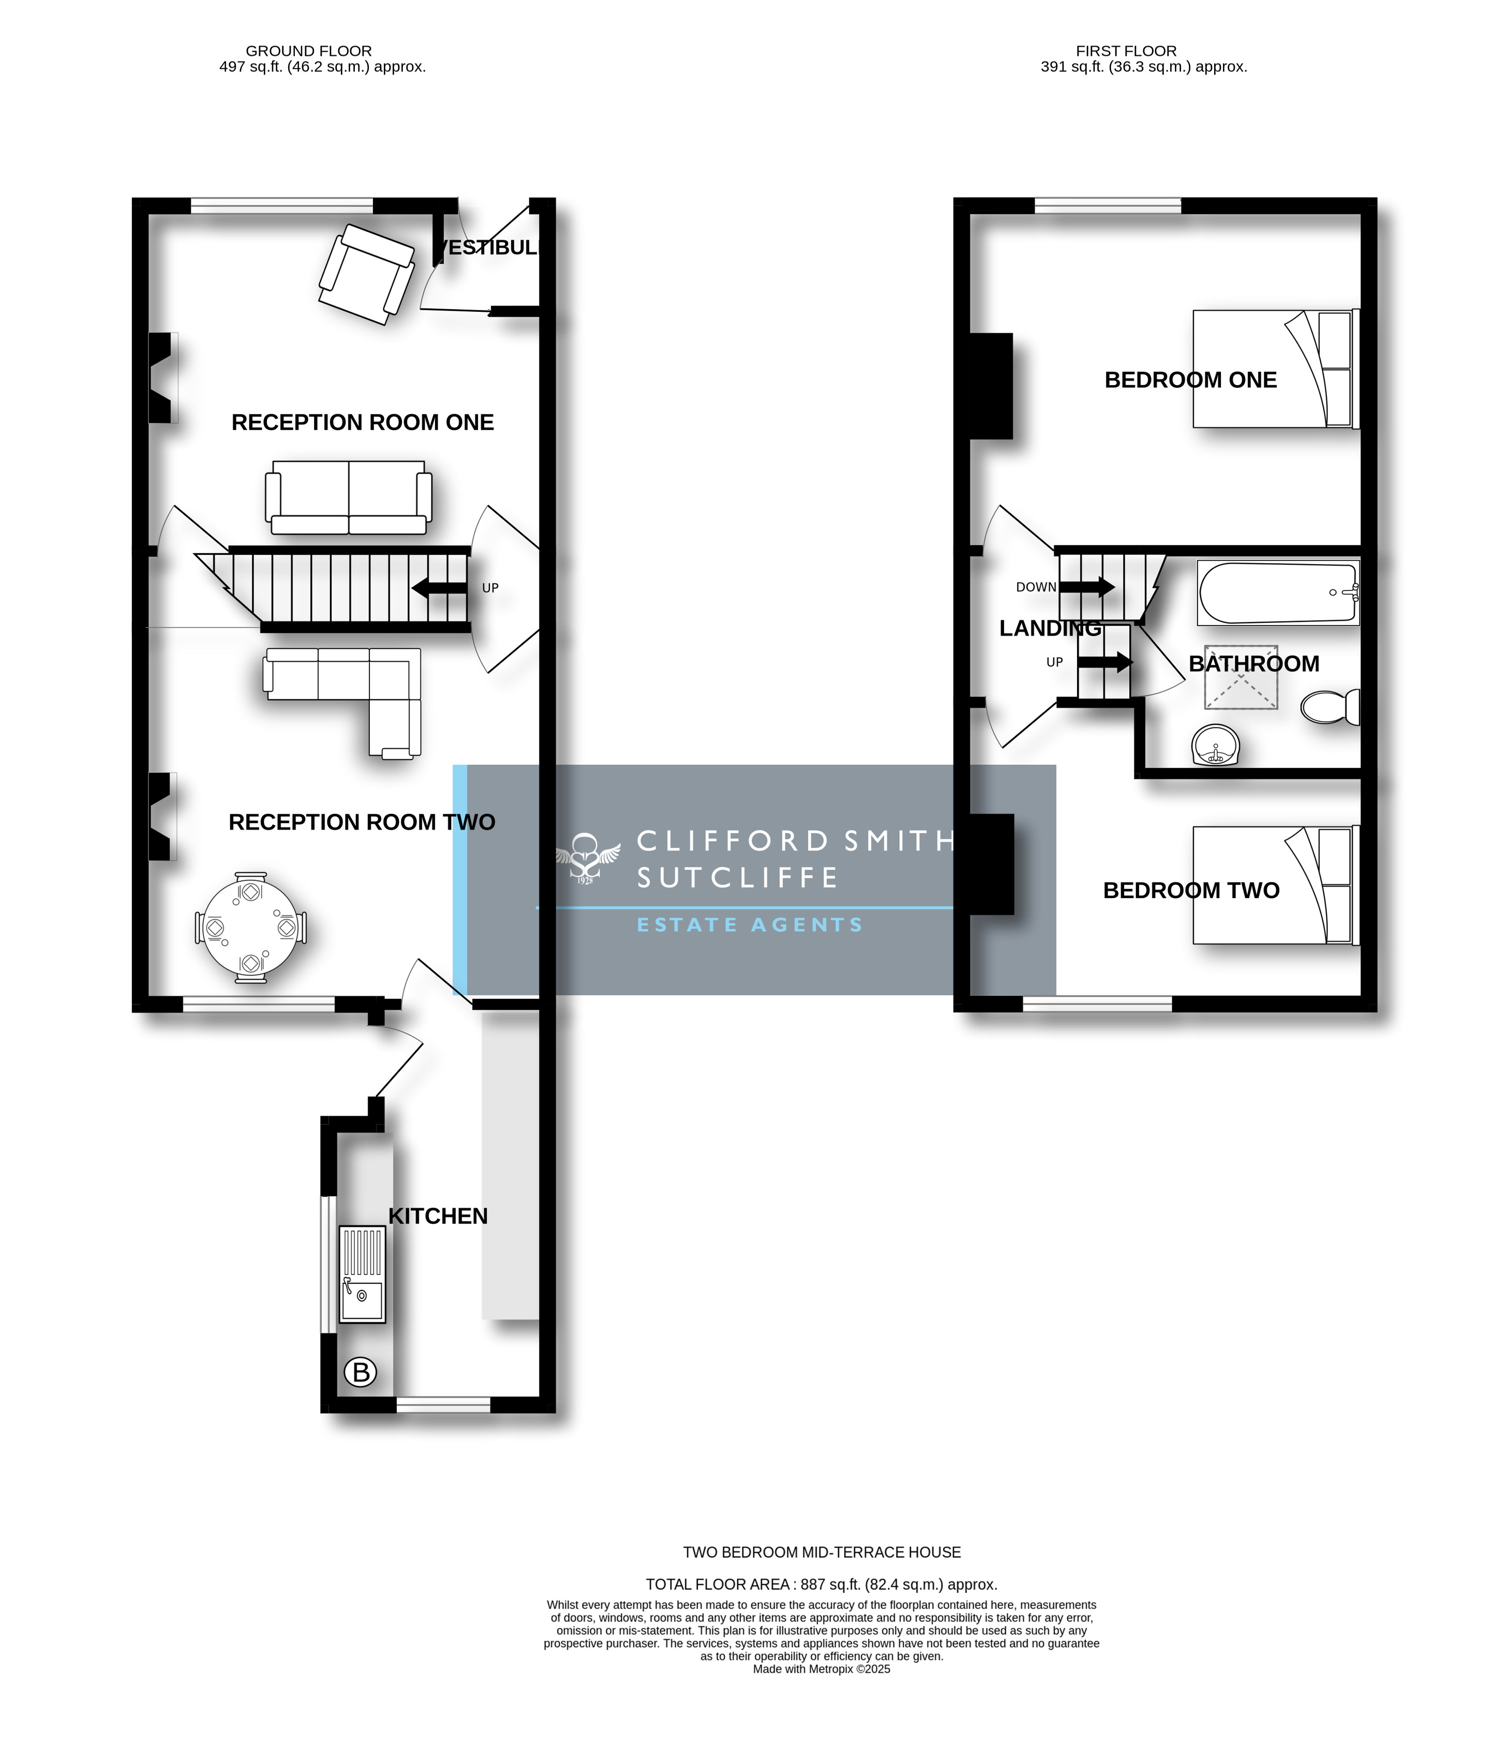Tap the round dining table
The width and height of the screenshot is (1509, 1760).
tap(251, 928)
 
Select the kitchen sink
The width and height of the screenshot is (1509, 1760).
tap(362, 1274)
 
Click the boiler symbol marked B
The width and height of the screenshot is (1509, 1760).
tap(360, 1372)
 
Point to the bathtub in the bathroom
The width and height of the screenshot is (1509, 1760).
tap(1279, 593)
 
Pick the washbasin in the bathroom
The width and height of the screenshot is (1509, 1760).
tap(1216, 745)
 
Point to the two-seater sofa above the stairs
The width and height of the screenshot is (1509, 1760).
tap(348, 498)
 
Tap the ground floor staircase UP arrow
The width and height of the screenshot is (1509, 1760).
tap(439, 588)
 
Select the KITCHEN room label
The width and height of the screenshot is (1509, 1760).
tap(439, 1217)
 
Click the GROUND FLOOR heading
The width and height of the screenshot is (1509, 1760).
tap(308, 51)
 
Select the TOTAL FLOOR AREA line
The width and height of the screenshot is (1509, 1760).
tap(821, 1584)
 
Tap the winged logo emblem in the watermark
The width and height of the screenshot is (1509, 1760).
tap(585, 858)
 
